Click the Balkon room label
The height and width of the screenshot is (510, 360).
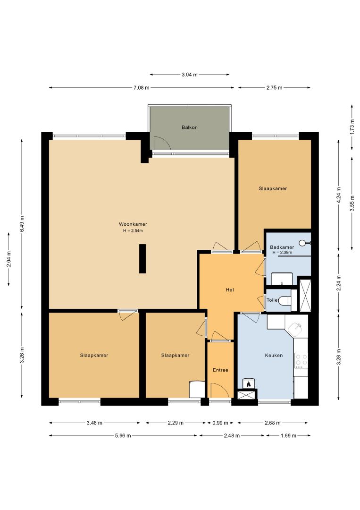pos(189,127)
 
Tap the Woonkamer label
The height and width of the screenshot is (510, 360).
pos(133,224)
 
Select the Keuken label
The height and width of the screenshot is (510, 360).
pos(274,355)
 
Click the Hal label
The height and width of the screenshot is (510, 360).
pos(230,290)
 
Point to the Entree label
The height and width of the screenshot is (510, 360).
pos(220,370)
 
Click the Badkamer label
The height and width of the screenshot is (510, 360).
pos(282,247)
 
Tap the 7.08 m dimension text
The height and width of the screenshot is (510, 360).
pos(142,87)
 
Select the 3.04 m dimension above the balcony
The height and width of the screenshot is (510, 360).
pos(189,75)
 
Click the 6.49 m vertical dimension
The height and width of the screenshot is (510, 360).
pos(22,224)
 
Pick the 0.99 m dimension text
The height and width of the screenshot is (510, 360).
pos(220,423)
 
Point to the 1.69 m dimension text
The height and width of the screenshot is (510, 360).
pos(289,435)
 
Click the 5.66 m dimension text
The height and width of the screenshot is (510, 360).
pos(123,435)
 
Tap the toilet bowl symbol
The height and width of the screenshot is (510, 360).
pos(285,300)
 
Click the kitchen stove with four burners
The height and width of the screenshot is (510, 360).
pos(301,360)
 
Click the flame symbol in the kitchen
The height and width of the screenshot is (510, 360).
pos(249,384)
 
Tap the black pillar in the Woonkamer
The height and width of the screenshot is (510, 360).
pos(142,259)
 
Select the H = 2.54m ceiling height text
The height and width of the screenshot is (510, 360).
pos(133,230)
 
